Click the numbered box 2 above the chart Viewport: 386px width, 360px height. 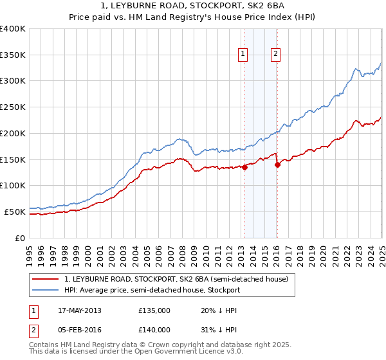pyautogui.click(x=275, y=55)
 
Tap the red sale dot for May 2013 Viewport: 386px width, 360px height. pyautogui.click(x=244, y=168)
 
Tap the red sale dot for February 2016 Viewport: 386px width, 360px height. pyautogui.click(x=277, y=165)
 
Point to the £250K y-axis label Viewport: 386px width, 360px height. pyautogui.click(x=13, y=107)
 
